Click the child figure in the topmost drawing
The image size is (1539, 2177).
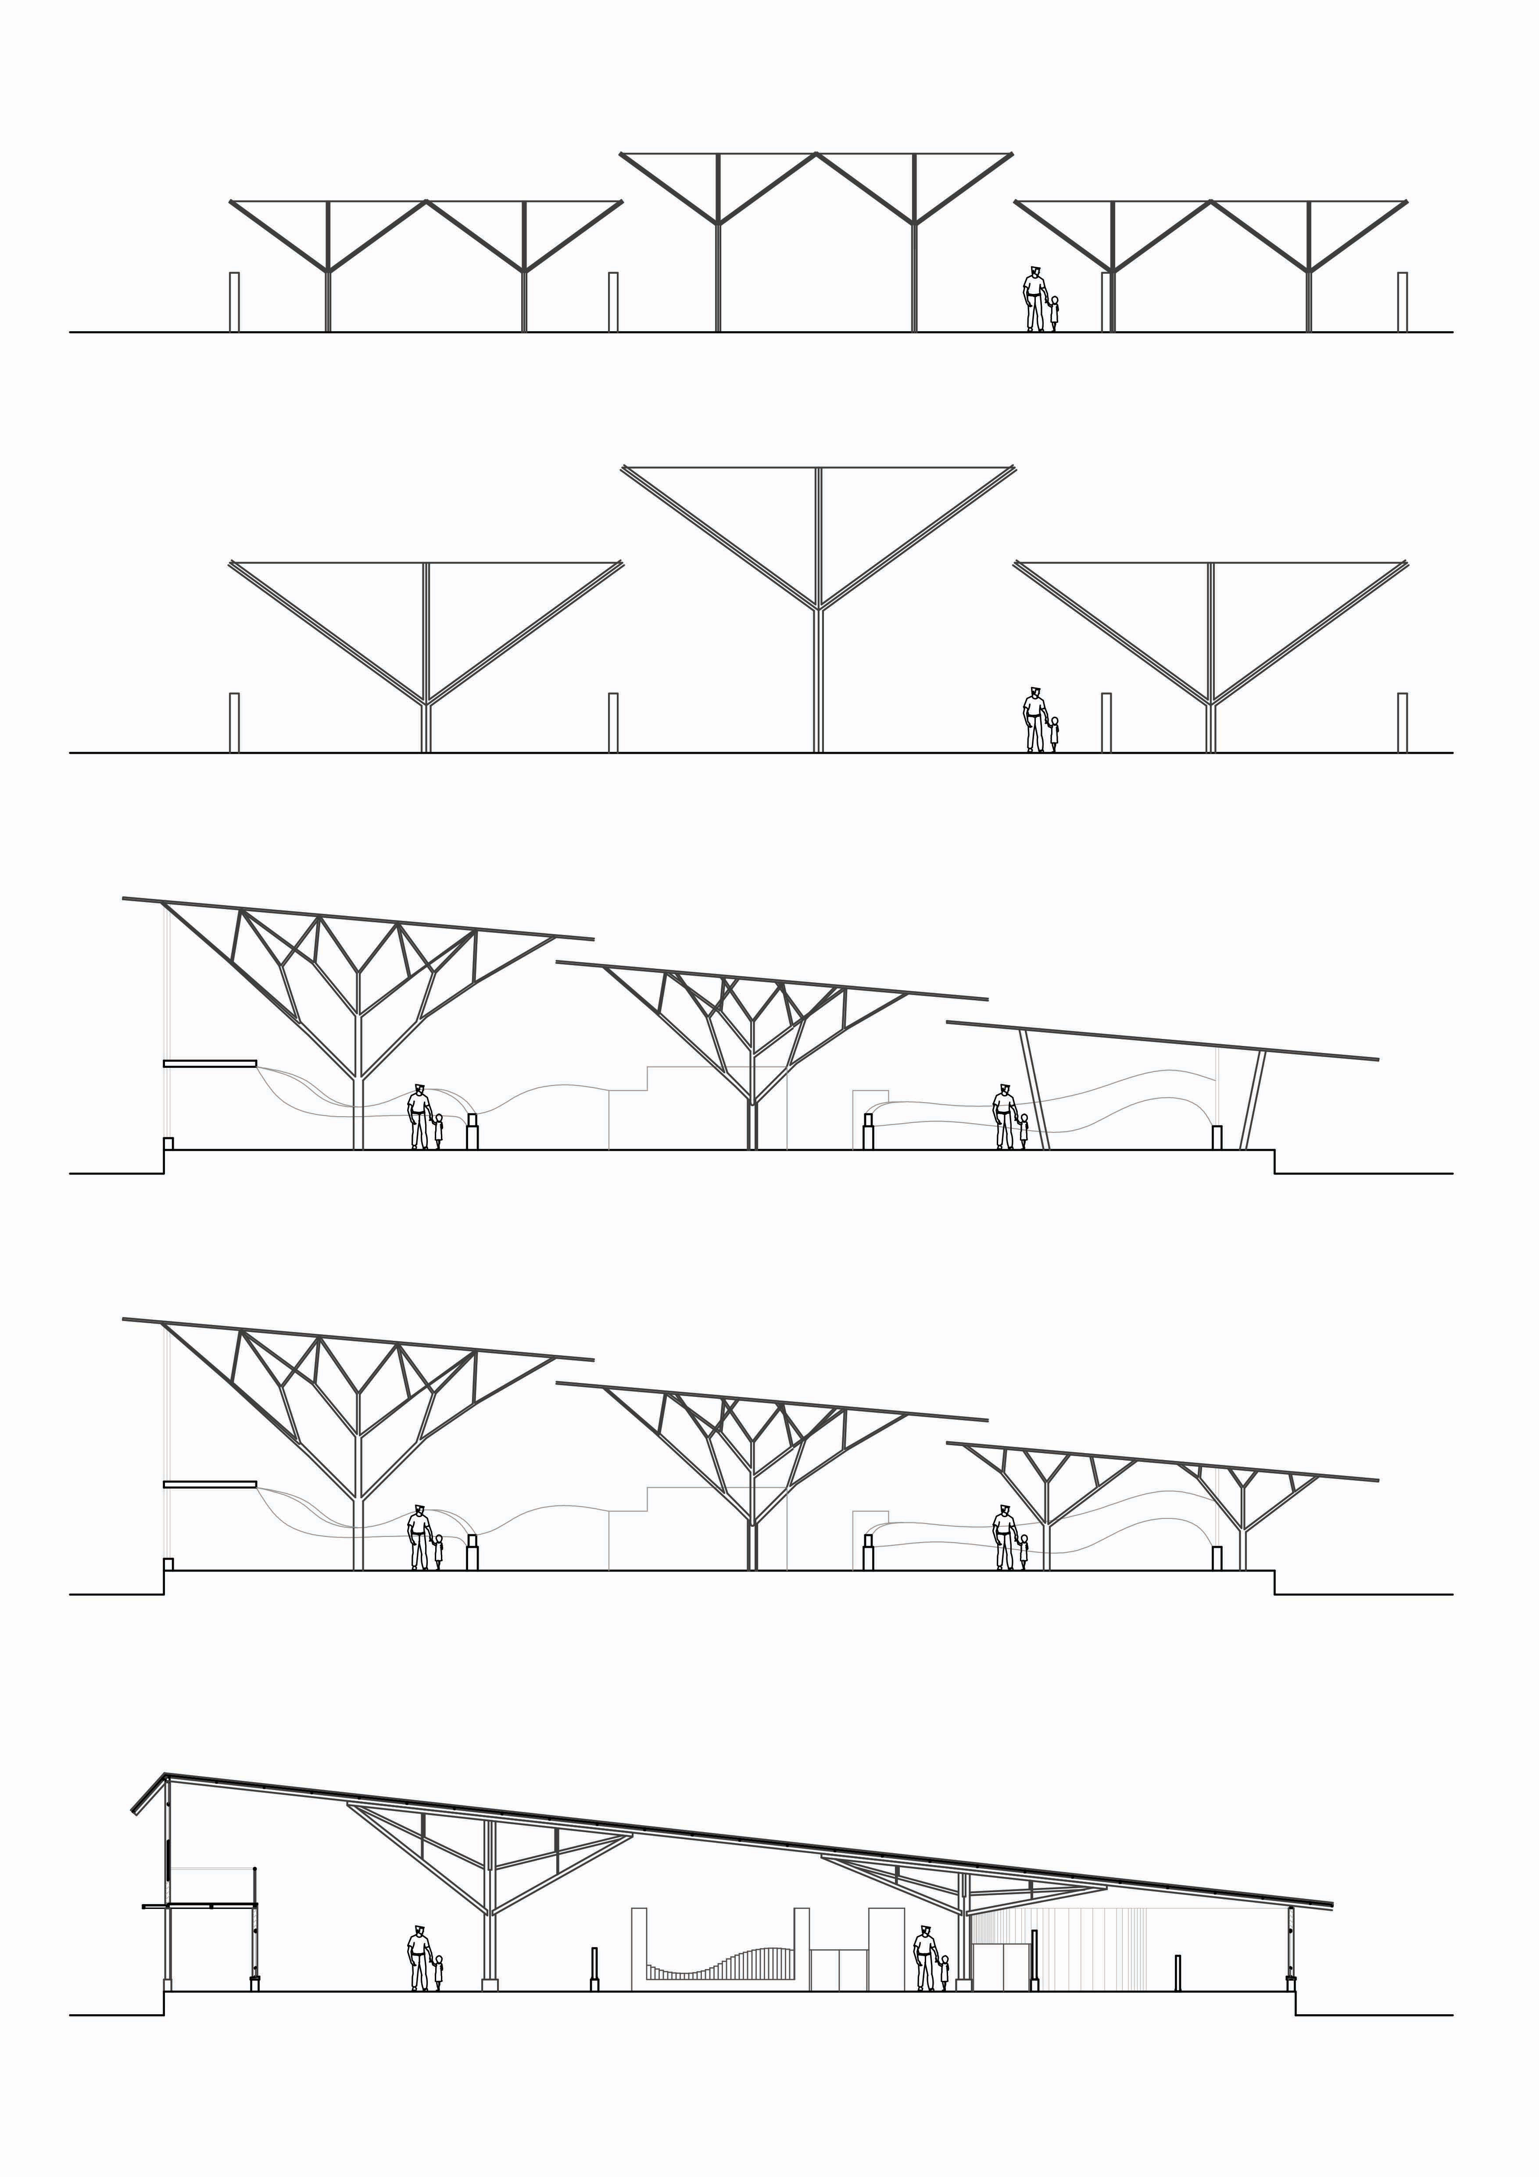pos(1055,313)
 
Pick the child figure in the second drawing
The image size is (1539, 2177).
pos(1055,734)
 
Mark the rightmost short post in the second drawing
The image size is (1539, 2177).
pos(1402,723)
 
